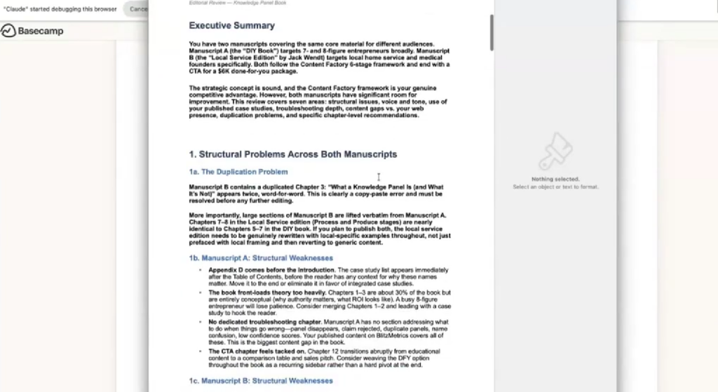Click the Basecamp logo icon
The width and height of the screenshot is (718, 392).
coord(8,31)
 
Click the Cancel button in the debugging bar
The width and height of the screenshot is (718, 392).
coord(138,9)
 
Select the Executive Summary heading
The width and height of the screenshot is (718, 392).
coord(231,26)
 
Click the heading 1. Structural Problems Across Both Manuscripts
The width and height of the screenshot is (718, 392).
coord(292,154)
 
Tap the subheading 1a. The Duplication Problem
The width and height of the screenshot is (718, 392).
coord(238,172)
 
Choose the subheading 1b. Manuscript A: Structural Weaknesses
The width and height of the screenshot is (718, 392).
coord(261,258)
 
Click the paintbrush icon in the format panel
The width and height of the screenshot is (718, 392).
coord(555,151)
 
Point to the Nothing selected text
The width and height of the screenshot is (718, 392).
coord(555,180)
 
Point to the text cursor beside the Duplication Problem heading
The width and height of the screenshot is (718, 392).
coord(379,177)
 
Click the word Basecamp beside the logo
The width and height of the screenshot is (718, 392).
coord(41,31)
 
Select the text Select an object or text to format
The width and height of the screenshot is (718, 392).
coord(555,187)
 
